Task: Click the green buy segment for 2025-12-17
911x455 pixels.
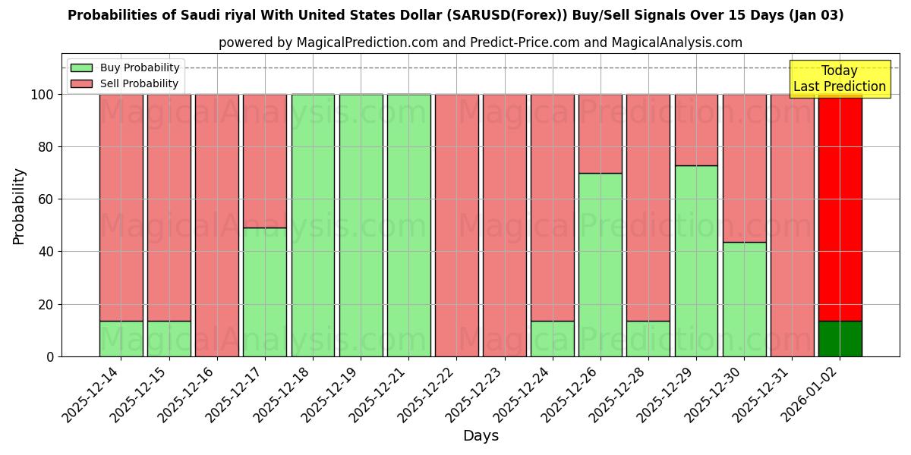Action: pyautogui.click(x=265, y=292)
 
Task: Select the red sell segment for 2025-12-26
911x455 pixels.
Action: pyautogui.click(x=600, y=133)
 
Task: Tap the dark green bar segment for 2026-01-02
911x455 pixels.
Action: pyautogui.click(x=840, y=338)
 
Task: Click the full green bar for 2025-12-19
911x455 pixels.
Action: pyautogui.click(x=361, y=225)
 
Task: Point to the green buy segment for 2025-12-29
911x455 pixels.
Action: pyautogui.click(x=696, y=261)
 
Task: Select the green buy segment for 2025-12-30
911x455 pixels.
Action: pyautogui.click(x=744, y=299)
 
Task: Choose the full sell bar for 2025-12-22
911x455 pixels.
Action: pyautogui.click(x=456, y=225)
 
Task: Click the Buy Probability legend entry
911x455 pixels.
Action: pyautogui.click(x=125, y=68)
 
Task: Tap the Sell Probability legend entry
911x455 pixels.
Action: pyautogui.click(x=125, y=83)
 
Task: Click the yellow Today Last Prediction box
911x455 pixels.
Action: pyautogui.click(x=839, y=79)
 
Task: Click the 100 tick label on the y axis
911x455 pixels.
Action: pyautogui.click(x=41, y=95)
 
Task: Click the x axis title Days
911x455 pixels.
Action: pyautogui.click(x=481, y=436)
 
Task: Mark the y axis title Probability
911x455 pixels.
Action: pyautogui.click(x=19, y=206)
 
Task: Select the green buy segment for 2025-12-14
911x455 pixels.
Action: pyautogui.click(x=121, y=338)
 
